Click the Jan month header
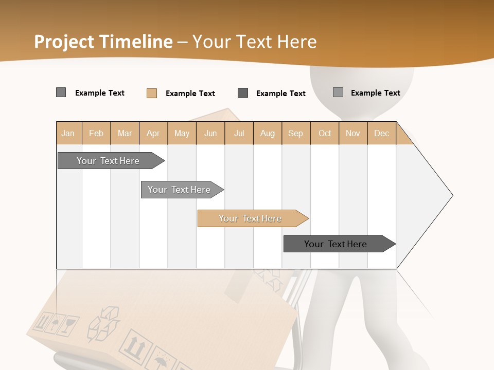pyautogui.click(x=68, y=133)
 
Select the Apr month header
pyautogui.click(x=153, y=133)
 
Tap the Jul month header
pyautogui.click(x=239, y=133)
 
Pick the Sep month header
pyautogui.click(x=295, y=133)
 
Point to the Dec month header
pyautogui.click(x=381, y=133)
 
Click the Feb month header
pyautogui.click(x=96, y=133)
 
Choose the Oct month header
pyautogui.click(x=325, y=133)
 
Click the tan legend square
pyautogui.click(x=152, y=93)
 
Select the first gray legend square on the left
pyautogui.click(x=61, y=92)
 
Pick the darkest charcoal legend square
pyautogui.click(x=243, y=93)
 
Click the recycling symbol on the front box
pyautogui.click(x=103, y=324)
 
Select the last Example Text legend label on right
pyautogui.click(x=375, y=93)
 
